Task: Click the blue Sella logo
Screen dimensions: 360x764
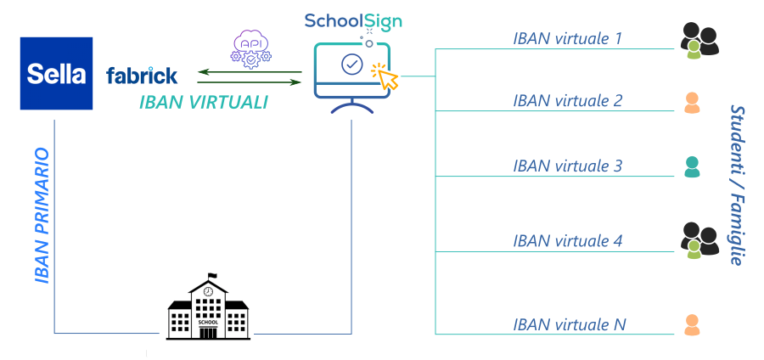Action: (x=56, y=74)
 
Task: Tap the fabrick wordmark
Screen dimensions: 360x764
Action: (x=142, y=76)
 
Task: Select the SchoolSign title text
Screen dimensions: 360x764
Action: (x=353, y=20)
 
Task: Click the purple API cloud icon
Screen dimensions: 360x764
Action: (x=250, y=48)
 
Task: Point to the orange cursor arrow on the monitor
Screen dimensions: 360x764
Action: (x=387, y=79)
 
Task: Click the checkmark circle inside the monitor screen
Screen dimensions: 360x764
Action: (x=351, y=63)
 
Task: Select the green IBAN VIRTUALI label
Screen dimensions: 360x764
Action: (x=203, y=103)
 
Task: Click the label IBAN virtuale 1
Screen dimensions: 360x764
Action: (x=567, y=38)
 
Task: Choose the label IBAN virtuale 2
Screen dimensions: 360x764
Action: (x=567, y=100)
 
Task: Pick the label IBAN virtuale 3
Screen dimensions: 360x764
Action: (x=567, y=166)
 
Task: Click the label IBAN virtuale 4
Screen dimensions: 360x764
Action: (x=567, y=240)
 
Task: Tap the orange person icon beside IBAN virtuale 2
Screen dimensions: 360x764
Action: (x=692, y=102)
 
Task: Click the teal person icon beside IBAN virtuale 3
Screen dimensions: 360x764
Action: (x=692, y=167)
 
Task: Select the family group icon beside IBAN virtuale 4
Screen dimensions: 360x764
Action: (x=699, y=240)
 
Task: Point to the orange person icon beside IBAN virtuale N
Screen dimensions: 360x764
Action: (x=692, y=325)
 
